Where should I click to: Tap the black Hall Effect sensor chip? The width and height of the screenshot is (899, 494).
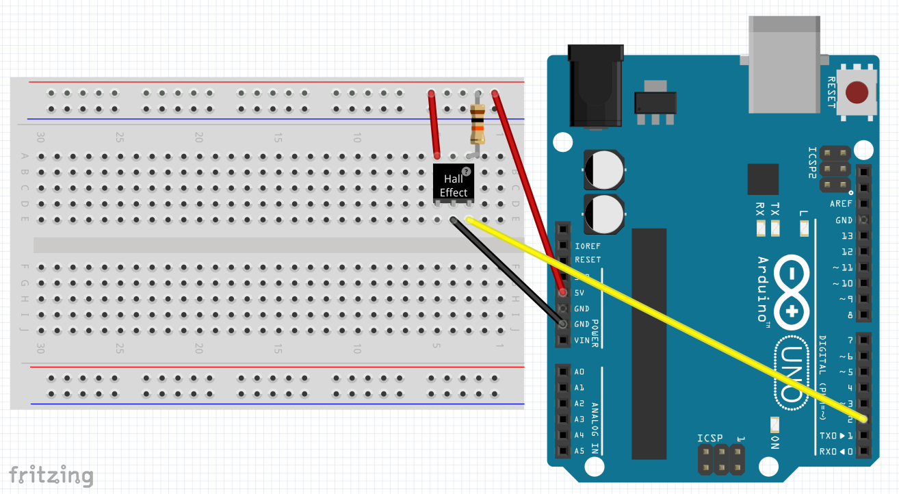(454, 183)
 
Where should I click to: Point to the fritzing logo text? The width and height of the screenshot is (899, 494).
(51, 475)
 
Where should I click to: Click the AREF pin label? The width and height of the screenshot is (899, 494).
(841, 204)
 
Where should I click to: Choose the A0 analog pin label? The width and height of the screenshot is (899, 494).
(579, 372)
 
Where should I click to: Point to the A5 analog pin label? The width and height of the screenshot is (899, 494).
(579, 451)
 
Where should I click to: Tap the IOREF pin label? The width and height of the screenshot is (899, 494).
(588, 245)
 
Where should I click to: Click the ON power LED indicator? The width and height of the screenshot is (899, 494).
(774, 424)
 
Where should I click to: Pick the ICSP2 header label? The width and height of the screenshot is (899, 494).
(813, 163)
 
